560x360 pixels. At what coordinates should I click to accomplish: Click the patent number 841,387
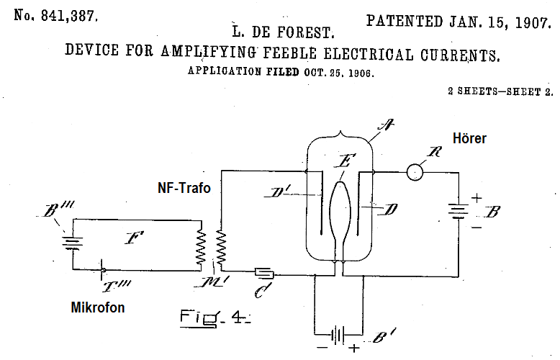[69, 16]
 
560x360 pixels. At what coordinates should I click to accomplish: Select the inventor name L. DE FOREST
[282, 32]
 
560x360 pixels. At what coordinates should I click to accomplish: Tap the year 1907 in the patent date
[532, 22]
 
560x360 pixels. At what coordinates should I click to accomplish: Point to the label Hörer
[469, 138]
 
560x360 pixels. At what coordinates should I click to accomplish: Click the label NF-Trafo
[184, 188]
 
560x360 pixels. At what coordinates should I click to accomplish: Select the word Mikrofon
[98, 307]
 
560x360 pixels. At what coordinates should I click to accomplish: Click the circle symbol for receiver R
[415, 173]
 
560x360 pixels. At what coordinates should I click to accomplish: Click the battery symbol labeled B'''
[73, 243]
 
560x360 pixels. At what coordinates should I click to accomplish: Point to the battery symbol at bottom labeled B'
[338, 336]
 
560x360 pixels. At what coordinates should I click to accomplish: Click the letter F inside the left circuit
[135, 238]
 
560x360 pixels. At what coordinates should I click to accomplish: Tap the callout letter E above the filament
[345, 161]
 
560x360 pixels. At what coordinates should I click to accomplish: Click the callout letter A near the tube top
[386, 125]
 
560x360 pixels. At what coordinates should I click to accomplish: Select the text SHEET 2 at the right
[529, 91]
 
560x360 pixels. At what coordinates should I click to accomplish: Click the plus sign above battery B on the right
[477, 197]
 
